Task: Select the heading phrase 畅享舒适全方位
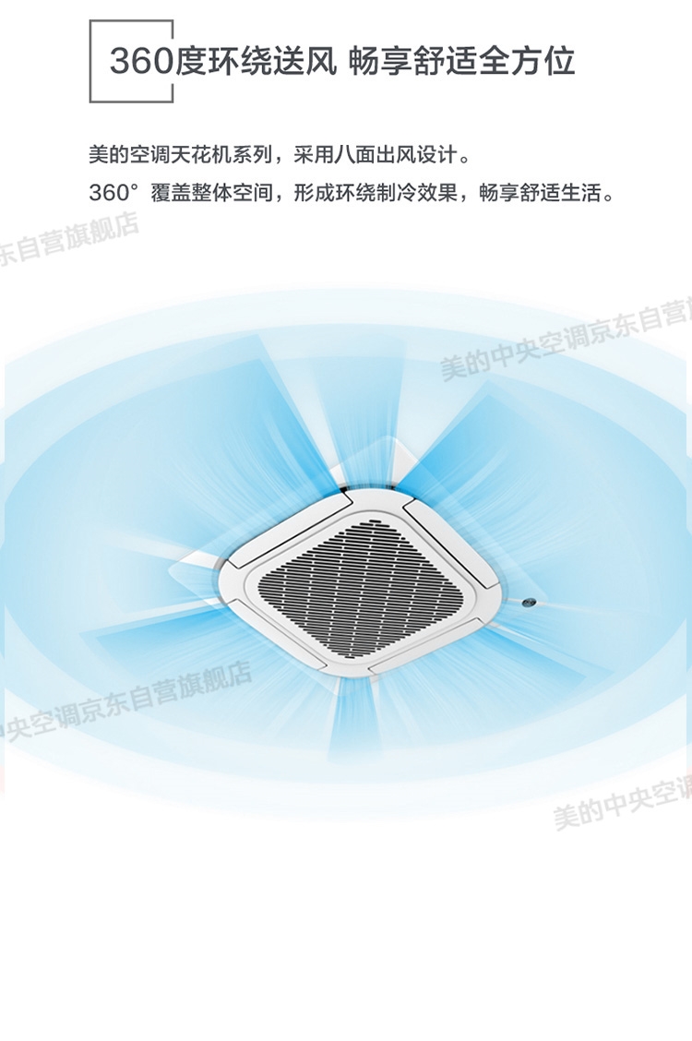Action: tap(462, 62)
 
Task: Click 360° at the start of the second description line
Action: tap(113, 194)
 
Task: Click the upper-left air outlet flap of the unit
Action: tap(286, 528)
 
